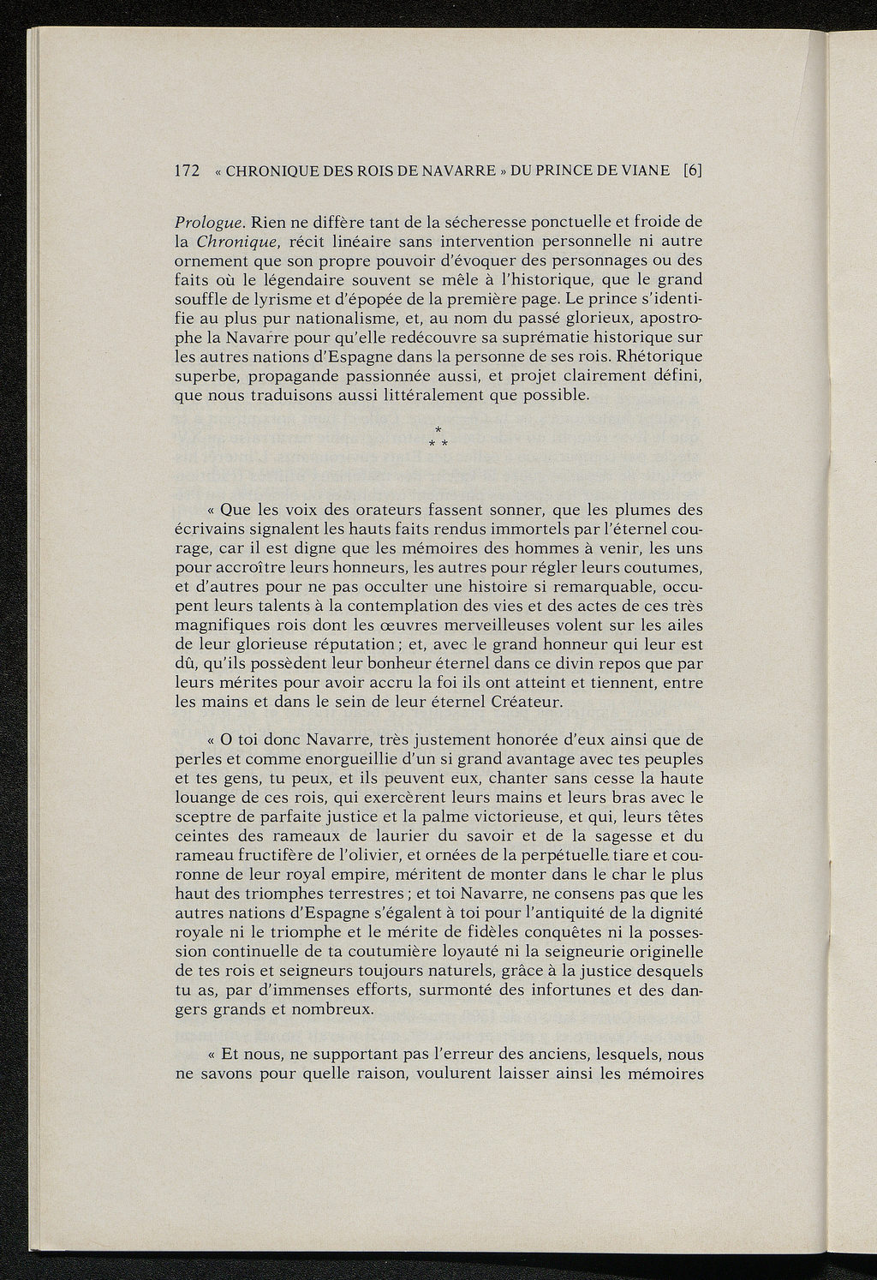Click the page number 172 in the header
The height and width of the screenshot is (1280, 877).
click(x=187, y=170)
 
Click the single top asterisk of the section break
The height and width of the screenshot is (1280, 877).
click(x=438, y=428)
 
